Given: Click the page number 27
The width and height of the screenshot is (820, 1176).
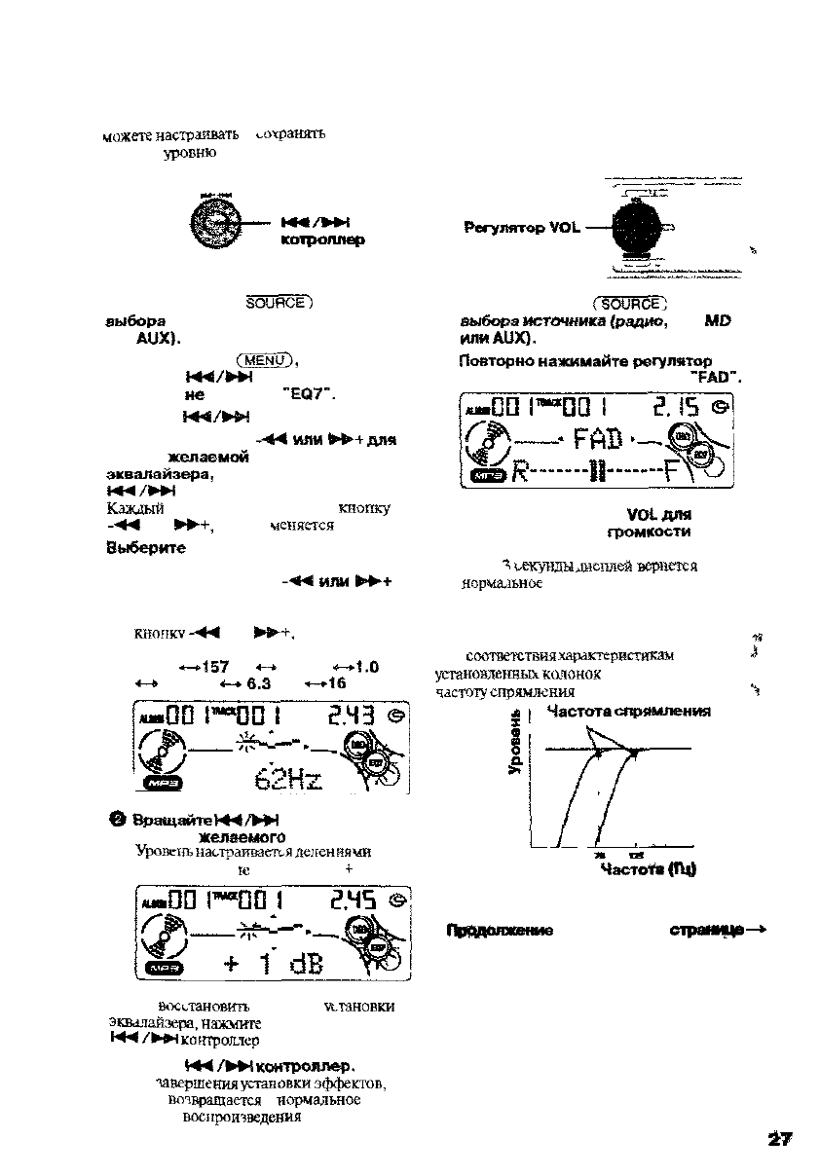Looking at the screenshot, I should tap(780, 1140).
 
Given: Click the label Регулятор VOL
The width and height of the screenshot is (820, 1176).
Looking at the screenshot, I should tap(522, 228).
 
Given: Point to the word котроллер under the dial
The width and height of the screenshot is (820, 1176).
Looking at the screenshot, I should tap(322, 240).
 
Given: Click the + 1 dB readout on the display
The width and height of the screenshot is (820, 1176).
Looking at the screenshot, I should tap(278, 963).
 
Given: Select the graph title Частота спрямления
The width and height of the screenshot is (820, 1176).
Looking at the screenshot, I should tap(628, 712).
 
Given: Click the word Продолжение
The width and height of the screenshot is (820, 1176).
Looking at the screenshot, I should tap(500, 930).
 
